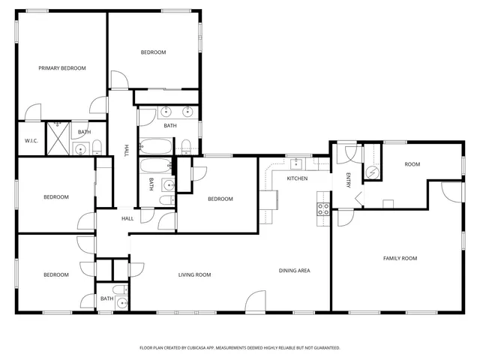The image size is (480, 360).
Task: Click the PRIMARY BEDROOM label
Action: [62, 68]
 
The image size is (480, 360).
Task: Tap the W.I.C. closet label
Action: [31, 140]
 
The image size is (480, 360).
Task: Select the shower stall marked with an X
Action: [58, 137]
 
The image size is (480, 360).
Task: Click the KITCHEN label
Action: [298, 178]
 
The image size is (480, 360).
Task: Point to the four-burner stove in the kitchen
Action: [323, 209]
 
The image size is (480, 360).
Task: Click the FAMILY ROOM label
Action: [400, 259]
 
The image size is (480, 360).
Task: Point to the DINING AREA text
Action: [295, 271]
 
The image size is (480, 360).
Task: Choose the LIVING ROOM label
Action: [194, 275]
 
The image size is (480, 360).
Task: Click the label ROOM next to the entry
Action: [412, 164]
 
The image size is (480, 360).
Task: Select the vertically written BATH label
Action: [151, 184]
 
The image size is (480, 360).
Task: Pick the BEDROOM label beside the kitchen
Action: [220, 199]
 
